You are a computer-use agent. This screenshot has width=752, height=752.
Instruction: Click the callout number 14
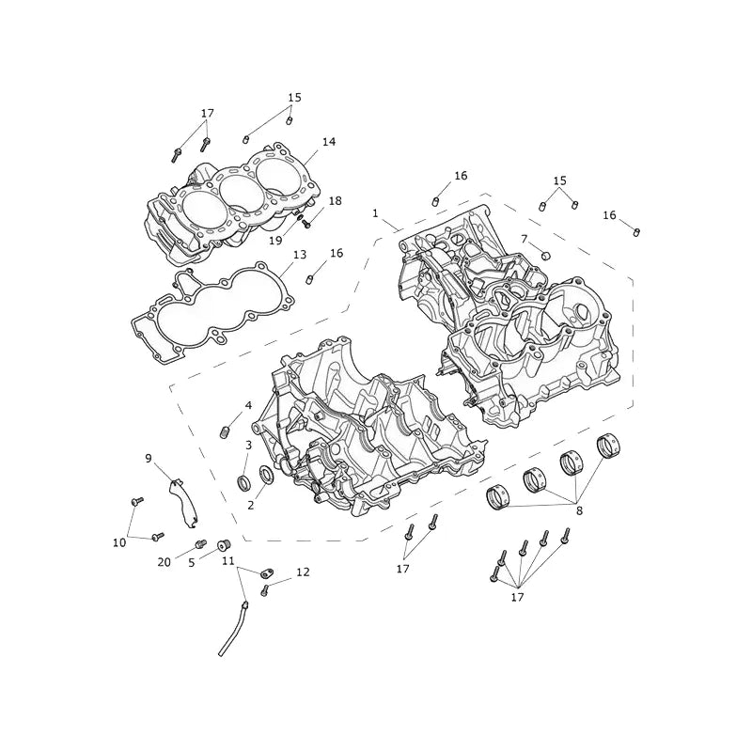point(328,142)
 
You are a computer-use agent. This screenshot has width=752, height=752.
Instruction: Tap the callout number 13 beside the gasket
point(300,255)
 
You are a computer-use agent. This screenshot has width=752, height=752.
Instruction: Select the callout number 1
point(375,213)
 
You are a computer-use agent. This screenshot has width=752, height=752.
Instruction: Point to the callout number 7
point(524,239)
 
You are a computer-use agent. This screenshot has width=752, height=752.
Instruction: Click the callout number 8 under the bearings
point(579,511)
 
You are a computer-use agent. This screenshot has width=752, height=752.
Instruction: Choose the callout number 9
point(149,459)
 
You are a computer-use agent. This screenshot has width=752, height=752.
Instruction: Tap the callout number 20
point(164,562)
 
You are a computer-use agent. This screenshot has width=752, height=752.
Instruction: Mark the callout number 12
point(303,572)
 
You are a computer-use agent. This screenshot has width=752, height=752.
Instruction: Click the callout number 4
point(248,406)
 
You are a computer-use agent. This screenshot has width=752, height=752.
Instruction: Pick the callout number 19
point(275,241)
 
